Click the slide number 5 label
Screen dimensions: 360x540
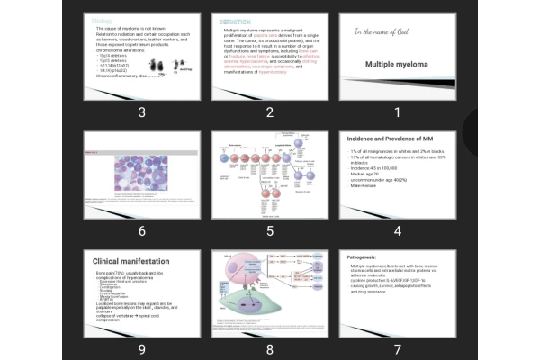point(269,230)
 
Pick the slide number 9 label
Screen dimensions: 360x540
point(141,349)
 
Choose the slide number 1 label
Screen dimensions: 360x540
point(397,112)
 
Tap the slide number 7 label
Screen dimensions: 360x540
point(397,349)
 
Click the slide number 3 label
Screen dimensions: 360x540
point(141,112)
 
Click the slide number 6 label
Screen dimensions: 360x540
point(141,230)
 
